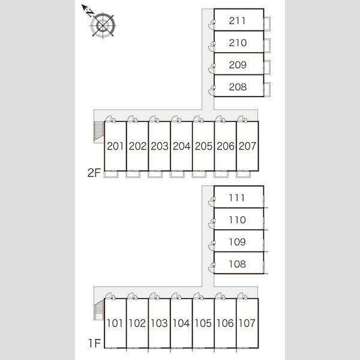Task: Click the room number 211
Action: coord(237,20)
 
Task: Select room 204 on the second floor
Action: coord(181,146)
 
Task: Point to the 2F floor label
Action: coord(94,173)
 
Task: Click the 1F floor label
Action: coord(95,343)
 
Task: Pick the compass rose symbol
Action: coord(103,25)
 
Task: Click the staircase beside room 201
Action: coord(99,131)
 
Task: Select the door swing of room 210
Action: coord(212,47)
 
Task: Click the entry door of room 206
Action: coord(220,119)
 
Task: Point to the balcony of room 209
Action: coord(267,67)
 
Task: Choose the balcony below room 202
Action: coord(133,174)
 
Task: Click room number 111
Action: coord(237,197)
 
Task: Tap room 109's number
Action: coord(238,242)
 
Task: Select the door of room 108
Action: coord(212,268)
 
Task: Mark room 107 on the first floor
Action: coord(247,323)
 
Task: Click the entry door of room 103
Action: coord(154,296)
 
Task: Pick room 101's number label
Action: coord(115,323)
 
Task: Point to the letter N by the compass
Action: coord(90,13)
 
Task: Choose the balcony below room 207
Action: coord(244,174)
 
